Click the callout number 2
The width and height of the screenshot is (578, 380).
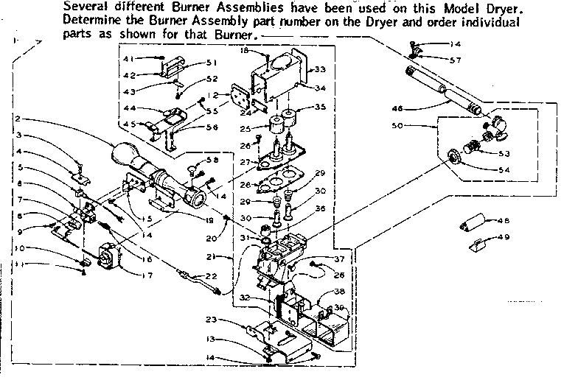16,119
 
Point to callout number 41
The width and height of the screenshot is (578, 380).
128,58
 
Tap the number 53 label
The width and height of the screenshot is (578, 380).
504,154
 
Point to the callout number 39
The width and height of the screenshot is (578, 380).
340,307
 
